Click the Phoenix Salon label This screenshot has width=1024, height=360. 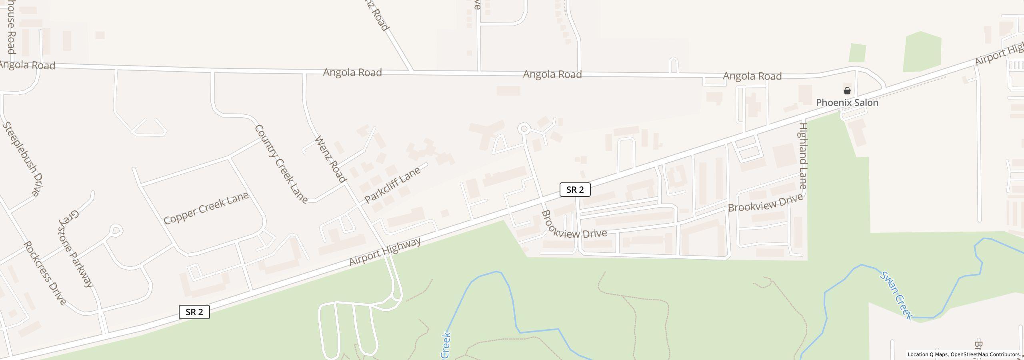point(847,103)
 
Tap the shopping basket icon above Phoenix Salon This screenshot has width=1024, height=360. point(847,91)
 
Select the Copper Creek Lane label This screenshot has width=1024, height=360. point(206,208)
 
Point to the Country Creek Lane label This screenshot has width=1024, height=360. point(281,164)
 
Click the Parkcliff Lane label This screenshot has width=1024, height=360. point(392,184)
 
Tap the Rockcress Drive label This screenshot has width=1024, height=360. point(45,273)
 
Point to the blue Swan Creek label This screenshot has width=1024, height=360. point(896,296)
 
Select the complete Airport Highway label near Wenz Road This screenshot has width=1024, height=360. point(385,252)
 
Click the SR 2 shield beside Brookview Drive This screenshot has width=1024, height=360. point(575,190)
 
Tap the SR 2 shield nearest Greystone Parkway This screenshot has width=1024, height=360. point(194,312)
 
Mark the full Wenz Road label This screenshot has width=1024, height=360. point(330,159)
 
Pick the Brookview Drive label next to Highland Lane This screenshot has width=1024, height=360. point(765,203)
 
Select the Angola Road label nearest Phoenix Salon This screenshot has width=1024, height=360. point(752,76)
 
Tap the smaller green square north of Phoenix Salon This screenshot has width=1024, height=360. point(857,53)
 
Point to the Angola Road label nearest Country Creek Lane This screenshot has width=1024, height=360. point(352,72)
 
